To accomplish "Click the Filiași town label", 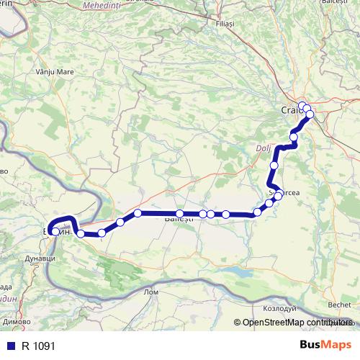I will click(x=225, y=24).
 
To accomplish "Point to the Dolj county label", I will click(x=262, y=150).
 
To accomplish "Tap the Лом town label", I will click(x=150, y=292).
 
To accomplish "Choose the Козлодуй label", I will click(x=278, y=307).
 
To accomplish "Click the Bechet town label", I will click(x=340, y=305).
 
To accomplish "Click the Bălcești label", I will click(x=334, y=3).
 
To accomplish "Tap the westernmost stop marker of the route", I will click(x=55, y=231).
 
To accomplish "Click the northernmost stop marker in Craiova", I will click(x=302, y=106).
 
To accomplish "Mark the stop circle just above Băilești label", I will click(x=179, y=214).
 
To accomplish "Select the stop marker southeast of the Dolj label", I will click(x=274, y=166).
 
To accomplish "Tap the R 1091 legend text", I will click(x=38, y=346).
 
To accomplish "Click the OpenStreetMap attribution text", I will click(x=294, y=323).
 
